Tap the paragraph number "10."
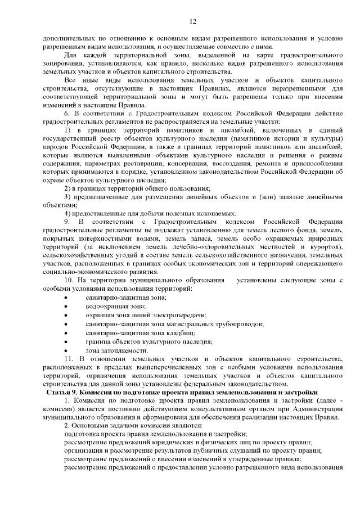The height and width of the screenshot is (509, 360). (x=70, y=280)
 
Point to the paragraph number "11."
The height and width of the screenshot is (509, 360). (x=70, y=358)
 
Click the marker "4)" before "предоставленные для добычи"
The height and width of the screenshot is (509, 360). (x=67, y=213)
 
